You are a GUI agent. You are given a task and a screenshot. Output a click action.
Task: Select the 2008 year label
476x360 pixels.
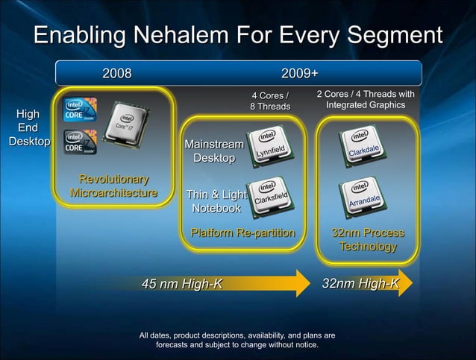(x=117, y=73)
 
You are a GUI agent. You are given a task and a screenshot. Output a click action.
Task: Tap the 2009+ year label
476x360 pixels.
(x=299, y=73)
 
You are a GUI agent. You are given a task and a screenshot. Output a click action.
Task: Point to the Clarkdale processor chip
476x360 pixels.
(x=363, y=148)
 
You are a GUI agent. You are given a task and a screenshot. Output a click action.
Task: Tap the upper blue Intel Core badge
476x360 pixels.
(x=80, y=110)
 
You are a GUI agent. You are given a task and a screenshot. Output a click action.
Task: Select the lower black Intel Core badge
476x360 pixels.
(x=80, y=142)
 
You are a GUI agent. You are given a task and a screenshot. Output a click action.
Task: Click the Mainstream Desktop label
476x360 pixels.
(x=213, y=151)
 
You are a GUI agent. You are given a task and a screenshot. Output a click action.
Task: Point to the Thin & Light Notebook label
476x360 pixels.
(x=216, y=201)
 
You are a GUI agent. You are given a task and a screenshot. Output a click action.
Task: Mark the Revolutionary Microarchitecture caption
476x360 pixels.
(x=113, y=186)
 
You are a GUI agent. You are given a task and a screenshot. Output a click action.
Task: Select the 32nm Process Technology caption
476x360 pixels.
(x=368, y=239)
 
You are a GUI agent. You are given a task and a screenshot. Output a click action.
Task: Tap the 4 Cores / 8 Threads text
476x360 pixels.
(x=269, y=101)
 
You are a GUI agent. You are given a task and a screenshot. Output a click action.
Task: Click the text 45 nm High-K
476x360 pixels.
(x=182, y=283)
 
